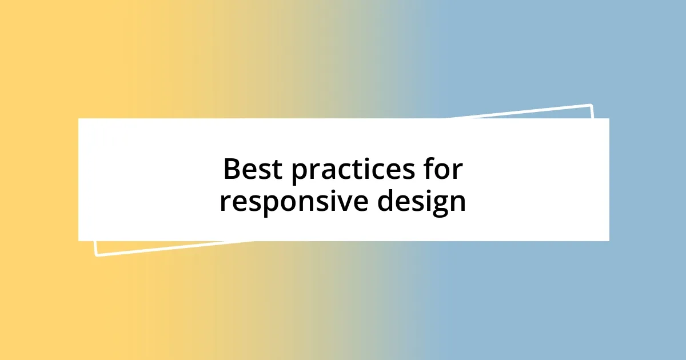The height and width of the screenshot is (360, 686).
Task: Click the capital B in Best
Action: click(232, 170)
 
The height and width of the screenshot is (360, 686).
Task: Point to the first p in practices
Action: click(300, 173)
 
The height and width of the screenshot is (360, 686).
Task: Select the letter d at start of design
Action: click(385, 201)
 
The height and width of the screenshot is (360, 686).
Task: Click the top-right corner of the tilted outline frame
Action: click(591, 105)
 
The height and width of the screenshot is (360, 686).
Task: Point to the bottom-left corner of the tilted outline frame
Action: click(96, 255)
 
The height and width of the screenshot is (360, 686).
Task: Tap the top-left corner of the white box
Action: click(79, 119)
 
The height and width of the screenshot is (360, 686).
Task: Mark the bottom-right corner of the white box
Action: click(609, 241)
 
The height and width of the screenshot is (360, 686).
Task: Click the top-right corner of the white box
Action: click(609, 119)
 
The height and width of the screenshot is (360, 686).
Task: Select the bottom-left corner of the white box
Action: click(79, 241)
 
